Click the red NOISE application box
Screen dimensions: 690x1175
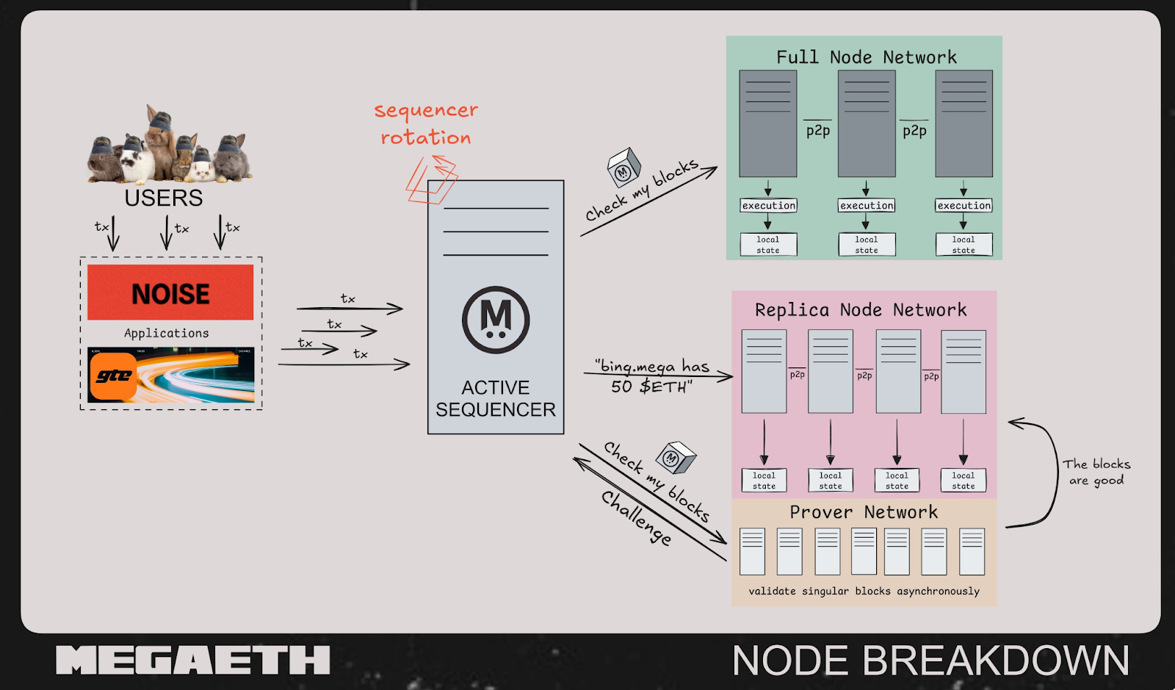coord(170,292)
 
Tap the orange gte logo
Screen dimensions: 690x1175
coord(114,376)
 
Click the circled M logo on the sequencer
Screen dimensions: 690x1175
coord(496,320)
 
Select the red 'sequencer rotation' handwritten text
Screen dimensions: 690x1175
coord(426,123)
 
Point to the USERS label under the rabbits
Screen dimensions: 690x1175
coord(163,198)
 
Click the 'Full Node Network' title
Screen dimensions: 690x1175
coord(867,57)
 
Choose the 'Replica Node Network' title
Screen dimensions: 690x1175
coord(861,310)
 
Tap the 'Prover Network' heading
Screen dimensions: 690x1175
coord(864,512)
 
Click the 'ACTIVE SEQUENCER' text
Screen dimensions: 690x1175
coord(496,398)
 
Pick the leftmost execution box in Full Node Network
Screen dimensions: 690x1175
coord(768,206)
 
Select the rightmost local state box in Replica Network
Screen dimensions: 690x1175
coord(963,481)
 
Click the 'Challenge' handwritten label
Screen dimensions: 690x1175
coord(636,517)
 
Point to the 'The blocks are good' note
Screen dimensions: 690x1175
coord(1096,472)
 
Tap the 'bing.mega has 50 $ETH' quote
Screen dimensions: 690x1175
coord(652,376)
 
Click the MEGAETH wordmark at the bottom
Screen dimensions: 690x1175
coord(192,660)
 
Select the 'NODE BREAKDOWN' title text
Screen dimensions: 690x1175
coord(930,660)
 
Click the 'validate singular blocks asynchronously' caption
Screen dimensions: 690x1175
coord(864,591)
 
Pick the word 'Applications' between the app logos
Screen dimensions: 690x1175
coord(167,333)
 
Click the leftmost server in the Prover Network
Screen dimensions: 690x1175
coord(752,551)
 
